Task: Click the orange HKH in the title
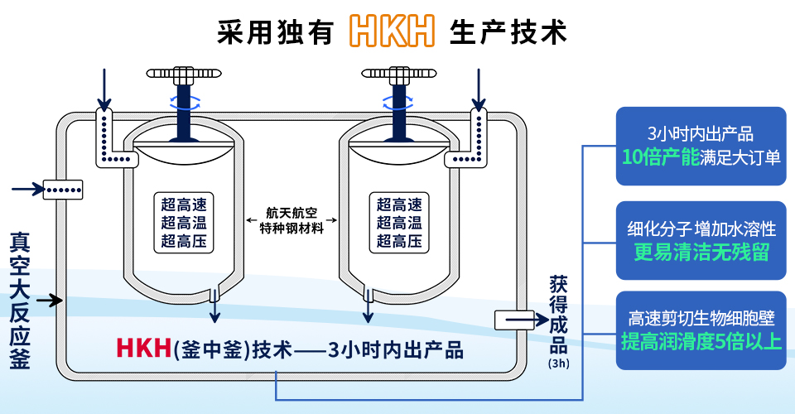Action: point(392,31)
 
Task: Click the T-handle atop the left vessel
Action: point(185,77)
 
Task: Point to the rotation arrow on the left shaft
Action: point(185,103)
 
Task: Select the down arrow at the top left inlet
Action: point(104,88)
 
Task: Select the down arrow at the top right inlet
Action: point(478,88)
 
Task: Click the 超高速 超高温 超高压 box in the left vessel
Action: point(184,223)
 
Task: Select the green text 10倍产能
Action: point(662,156)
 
